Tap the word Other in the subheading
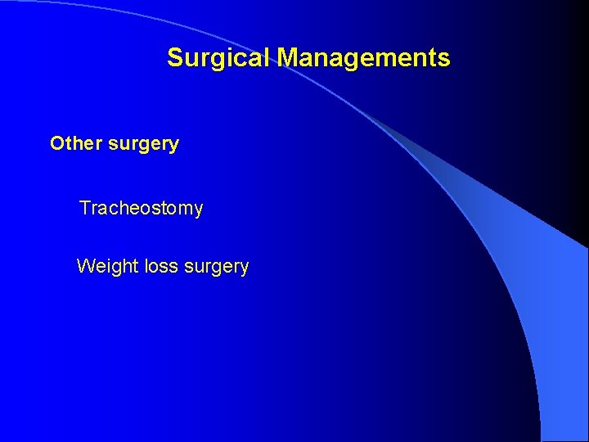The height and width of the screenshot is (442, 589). pos(74,144)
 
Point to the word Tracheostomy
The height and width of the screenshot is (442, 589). pos(141,209)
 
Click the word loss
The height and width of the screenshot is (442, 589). pos(154,266)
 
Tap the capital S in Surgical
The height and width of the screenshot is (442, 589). pos(175,58)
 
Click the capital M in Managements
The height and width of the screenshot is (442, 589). pos(288,58)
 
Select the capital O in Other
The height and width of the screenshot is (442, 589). pos(57,144)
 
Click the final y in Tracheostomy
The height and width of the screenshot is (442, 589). pos(198,210)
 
